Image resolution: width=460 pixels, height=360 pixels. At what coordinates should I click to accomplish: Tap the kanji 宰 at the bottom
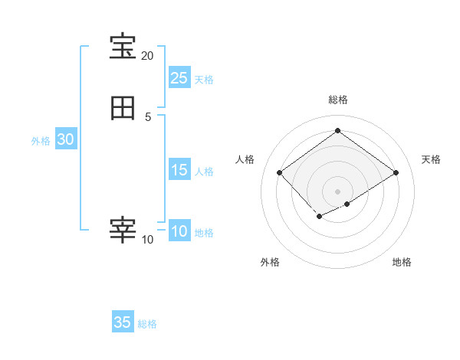123,230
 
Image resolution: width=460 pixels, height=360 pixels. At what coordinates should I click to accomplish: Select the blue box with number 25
179,78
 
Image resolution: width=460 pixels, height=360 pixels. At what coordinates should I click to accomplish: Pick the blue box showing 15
179,170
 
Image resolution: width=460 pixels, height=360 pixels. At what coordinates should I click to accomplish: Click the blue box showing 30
65,139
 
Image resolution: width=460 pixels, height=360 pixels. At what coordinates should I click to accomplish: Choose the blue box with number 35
123,322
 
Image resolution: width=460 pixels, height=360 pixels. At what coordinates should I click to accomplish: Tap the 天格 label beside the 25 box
204,80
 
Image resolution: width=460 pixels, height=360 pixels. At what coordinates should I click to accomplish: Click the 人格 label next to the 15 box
204,172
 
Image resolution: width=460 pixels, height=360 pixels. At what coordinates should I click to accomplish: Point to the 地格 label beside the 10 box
204,233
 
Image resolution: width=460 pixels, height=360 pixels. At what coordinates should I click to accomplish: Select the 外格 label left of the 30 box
41,141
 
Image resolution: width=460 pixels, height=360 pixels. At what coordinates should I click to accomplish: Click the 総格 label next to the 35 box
147,324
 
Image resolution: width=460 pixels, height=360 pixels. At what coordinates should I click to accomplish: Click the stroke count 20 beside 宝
147,56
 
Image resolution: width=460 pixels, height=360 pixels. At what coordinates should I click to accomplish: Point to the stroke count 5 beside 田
148,116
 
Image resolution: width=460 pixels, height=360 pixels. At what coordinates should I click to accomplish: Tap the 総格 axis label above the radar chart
337,100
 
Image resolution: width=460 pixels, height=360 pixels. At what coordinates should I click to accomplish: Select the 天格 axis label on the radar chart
431,159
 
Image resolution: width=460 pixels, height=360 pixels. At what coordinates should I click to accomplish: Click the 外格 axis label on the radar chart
270,262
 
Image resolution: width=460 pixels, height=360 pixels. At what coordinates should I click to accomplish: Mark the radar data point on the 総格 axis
337,130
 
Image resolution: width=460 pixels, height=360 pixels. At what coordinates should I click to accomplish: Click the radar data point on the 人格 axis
279,173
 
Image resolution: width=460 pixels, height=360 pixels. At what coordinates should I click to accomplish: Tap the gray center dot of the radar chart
337,191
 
